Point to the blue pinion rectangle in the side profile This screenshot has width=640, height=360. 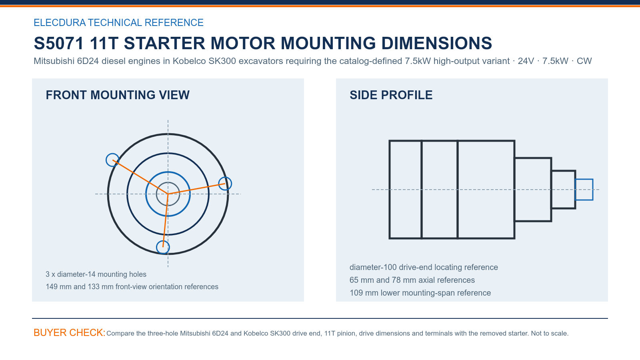pyautogui.click(x=584, y=179)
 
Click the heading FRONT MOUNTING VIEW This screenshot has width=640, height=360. pyautogui.click(x=118, y=95)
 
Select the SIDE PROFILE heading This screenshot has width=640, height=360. pyautogui.click(x=391, y=95)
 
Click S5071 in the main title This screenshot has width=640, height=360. pyautogui.click(x=59, y=44)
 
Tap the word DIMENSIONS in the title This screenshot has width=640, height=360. pyautogui.click(x=436, y=44)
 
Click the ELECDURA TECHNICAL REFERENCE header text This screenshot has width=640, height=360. pyautogui.click(x=118, y=22)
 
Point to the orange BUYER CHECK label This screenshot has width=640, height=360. pyautogui.click(x=70, y=333)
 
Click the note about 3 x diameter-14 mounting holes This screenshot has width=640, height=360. pyautogui.click(x=96, y=274)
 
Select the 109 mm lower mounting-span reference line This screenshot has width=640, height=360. pyautogui.click(x=420, y=293)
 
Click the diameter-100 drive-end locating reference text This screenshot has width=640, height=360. pyautogui.click(x=424, y=267)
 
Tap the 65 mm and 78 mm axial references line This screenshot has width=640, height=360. pyautogui.click(x=412, y=280)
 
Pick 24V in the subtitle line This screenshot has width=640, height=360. pyautogui.click(x=526, y=61)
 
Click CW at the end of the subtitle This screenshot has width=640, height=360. pyautogui.click(x=584, y=61)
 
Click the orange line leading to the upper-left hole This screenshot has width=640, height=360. pyautogui.click(x=140, y=177)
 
